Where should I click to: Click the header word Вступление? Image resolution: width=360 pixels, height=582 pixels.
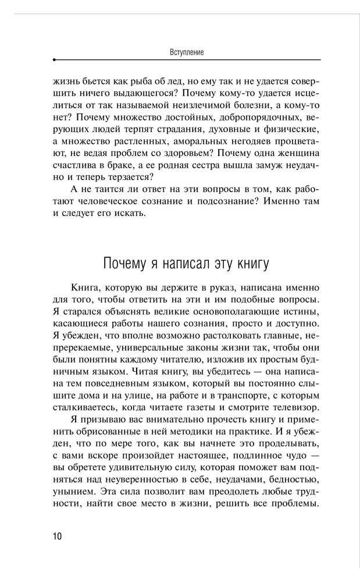[x=186, y=52]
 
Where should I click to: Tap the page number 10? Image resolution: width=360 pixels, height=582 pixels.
[x=58, y=536]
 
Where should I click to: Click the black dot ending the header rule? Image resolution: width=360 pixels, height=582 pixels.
[x=54, y=60]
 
